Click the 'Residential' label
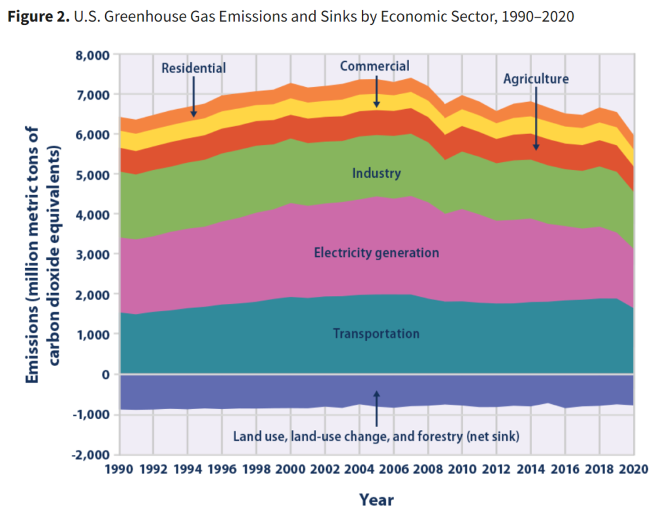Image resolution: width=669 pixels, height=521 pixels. [x=193, y=68]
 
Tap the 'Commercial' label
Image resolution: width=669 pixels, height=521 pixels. [x=374, y=66]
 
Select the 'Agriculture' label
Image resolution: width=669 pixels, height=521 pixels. [x=536, y=79]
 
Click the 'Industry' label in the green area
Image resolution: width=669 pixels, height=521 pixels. [x=376, y=173]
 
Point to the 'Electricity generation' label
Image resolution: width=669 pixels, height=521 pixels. [x=376, y=252]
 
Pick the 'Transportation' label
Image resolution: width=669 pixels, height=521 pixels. [x=376, y=333]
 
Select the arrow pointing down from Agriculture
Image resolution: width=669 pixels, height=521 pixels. [x=536, y=118]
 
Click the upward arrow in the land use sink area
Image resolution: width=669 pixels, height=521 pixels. [x=376, y=406]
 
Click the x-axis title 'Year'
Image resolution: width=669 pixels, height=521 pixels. [x=376, y=500]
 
